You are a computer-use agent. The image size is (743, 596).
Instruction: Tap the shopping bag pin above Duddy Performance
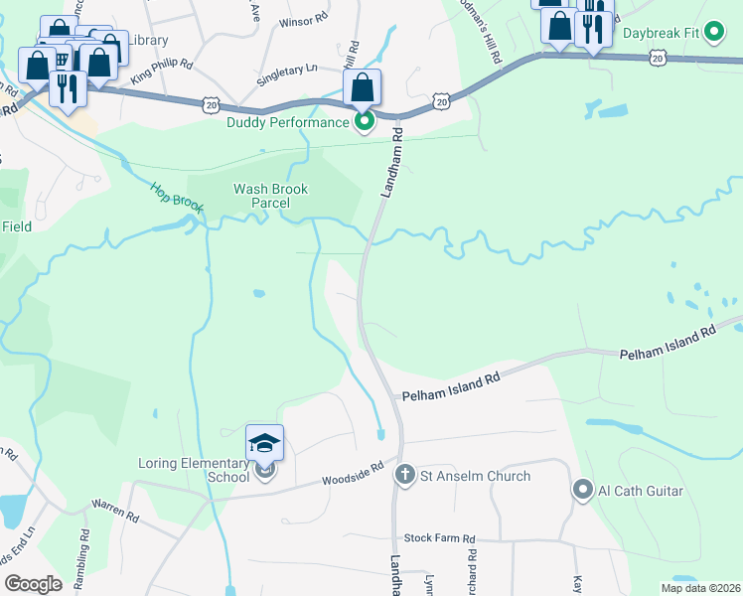click(x=363, y=87)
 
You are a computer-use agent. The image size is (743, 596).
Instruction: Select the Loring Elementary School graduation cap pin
click(x=265, y=442)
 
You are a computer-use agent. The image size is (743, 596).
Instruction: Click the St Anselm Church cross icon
click(x=404, y=476)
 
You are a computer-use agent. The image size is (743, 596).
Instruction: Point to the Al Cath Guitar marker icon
click(x=583, y=489)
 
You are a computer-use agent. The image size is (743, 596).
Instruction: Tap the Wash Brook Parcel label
click(x=271, y=196)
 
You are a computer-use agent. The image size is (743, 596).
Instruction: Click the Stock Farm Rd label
click(x=440, y=538)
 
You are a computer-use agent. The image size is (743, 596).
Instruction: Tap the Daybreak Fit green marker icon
click(x=711, y=32)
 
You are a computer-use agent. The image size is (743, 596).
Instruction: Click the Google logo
click(x=33, y=584)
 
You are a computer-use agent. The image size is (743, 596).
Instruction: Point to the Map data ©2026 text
click(x=700, y=588)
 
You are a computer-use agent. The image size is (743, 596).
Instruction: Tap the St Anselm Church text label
click(x=475, y=476)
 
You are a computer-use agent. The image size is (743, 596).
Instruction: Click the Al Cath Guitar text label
click(x=641, y=489)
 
